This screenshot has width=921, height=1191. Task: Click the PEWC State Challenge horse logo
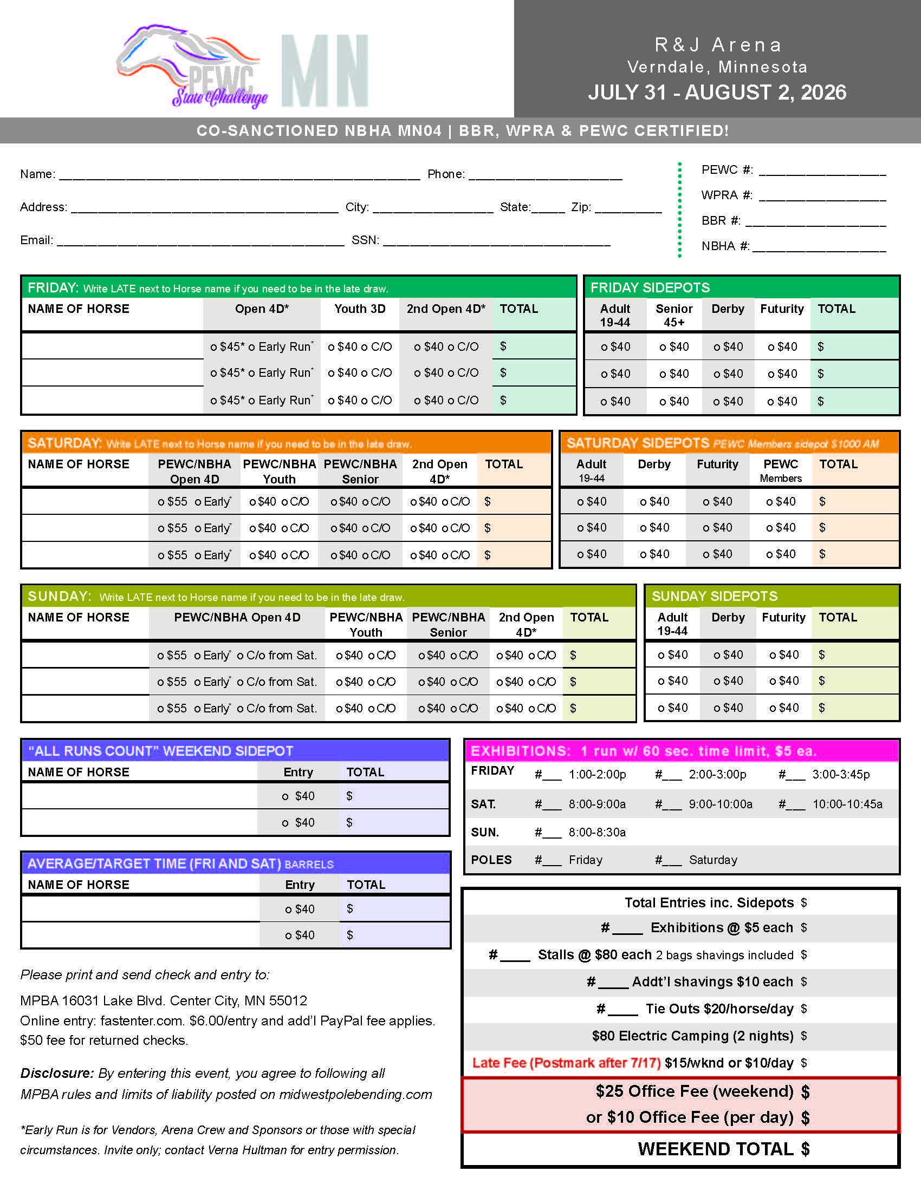(191, 66)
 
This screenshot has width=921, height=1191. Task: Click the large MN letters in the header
(325, 71)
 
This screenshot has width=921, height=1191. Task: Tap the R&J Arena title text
(718, 45)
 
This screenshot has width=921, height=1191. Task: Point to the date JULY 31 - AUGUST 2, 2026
(717, 92)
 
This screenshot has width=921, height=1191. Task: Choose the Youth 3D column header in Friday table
(360, 309)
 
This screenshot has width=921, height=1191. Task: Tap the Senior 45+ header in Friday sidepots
(674, 315)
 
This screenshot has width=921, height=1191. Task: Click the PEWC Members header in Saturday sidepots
(780, 470)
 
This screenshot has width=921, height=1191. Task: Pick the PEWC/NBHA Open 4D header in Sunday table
(237, 617)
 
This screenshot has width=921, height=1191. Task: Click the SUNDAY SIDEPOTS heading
(714, 596)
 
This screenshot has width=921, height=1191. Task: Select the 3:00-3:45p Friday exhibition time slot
(841, 774)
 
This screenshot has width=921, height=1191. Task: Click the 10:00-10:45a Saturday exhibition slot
(847, 804)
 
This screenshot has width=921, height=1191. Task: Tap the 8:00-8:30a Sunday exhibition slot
(597, 832)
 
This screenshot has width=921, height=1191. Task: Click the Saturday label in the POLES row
(712, 860)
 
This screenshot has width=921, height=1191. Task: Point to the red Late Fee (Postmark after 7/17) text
(566, 1063)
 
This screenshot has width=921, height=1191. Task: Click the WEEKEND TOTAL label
(715, 1149)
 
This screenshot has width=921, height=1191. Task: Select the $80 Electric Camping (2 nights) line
(692, 1036)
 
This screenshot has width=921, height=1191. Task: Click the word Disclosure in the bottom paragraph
(57, 1073)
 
